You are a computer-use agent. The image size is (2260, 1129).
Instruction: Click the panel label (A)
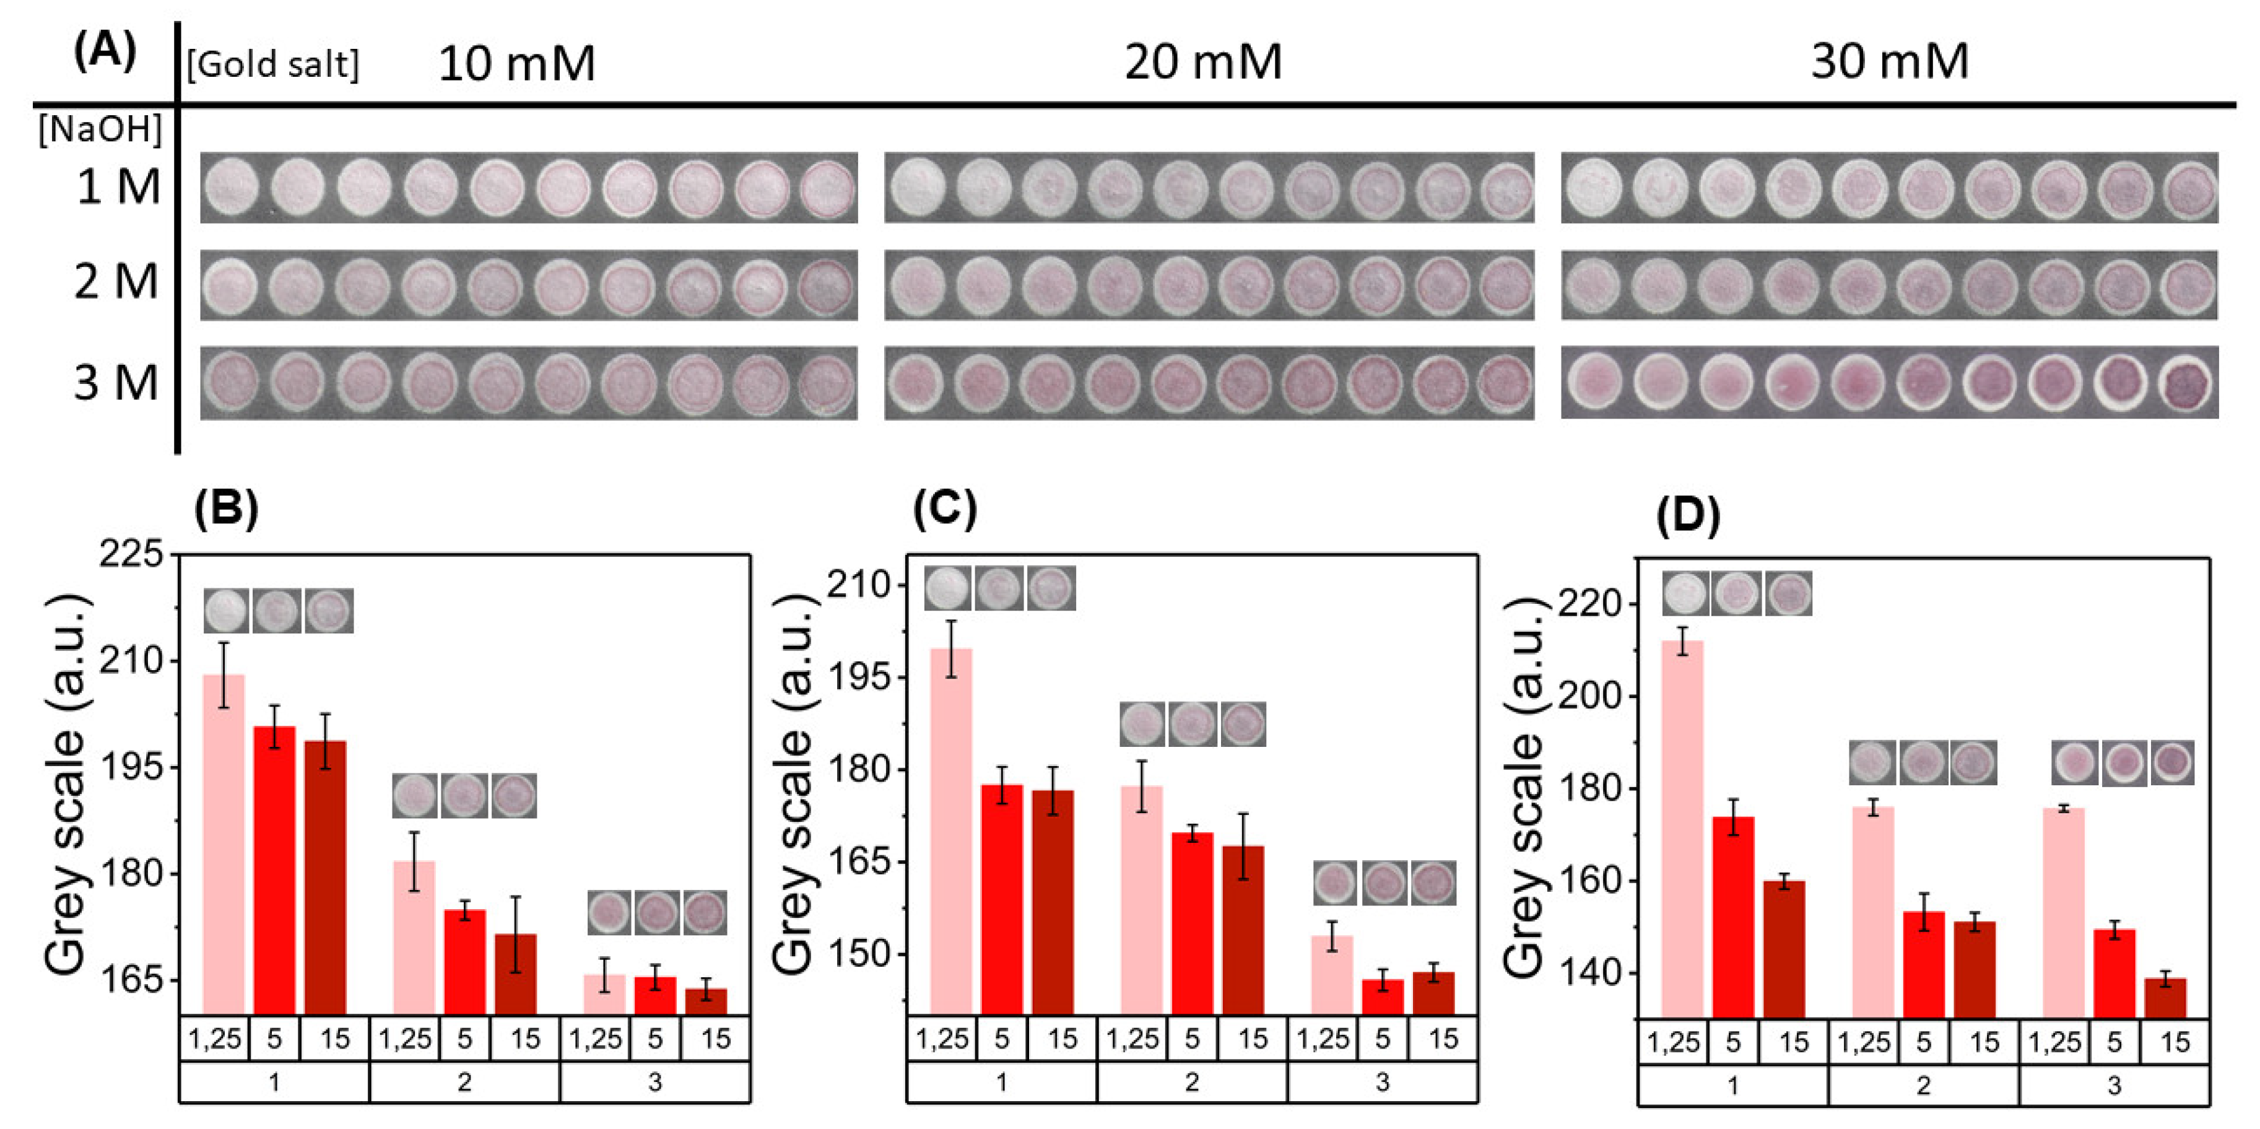[105, 53]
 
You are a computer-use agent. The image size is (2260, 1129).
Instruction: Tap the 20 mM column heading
[1203, 63]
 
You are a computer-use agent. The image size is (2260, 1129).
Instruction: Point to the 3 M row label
[116, 383]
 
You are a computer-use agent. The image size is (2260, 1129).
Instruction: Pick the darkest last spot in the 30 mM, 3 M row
[2191, 384]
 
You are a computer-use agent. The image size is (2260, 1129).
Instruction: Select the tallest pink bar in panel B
[224, 842]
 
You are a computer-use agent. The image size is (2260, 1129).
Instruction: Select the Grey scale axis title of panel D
[1524, 785]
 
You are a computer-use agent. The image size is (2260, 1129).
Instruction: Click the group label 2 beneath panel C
[1191, 1082]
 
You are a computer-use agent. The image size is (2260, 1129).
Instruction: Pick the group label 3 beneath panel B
[654, 1082]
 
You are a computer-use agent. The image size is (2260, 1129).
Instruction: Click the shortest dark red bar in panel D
[2165, 998]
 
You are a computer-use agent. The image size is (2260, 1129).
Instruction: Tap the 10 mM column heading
[517, 64]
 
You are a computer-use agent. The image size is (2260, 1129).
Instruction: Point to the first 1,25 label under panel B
[215, 1039]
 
